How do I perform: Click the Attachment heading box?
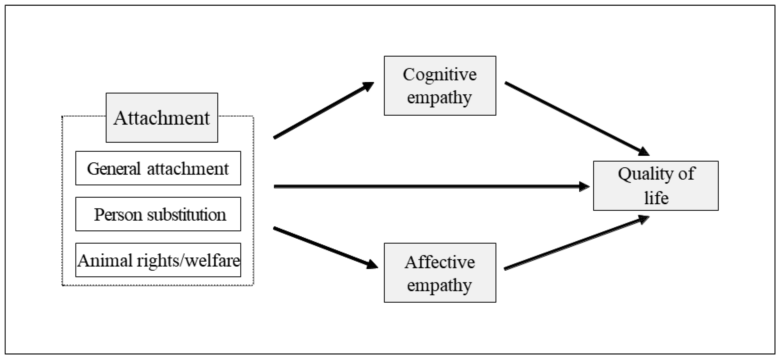click(x=162, y=118)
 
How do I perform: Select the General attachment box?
click(x=158, y=168)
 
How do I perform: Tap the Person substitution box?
click(x=158, y=214)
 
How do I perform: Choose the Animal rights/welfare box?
click(x=158, y=260)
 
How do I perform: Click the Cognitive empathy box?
click(x=440, y=85)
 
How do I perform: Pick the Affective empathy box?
click(x=440, y=273)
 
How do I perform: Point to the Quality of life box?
click(x=655, y=186)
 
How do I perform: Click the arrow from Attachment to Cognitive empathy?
click(x=323, y=110)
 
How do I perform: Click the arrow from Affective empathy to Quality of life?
click(x=576, y=242)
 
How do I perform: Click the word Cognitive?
click(x=440, y=75)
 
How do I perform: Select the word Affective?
click(x=440, y=262)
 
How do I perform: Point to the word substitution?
click(x=186, y=215)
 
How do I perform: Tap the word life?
click(x=656, y=198)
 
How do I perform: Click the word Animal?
click(x=105, y=261)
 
